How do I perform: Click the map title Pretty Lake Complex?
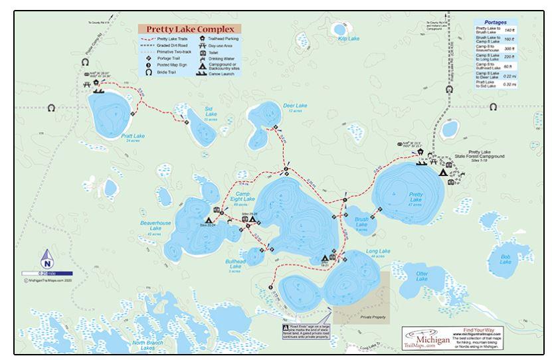click(189, 30)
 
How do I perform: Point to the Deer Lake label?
click(294, 106)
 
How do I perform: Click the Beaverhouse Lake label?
click(155, 227)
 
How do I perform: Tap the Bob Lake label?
click(506, 260)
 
